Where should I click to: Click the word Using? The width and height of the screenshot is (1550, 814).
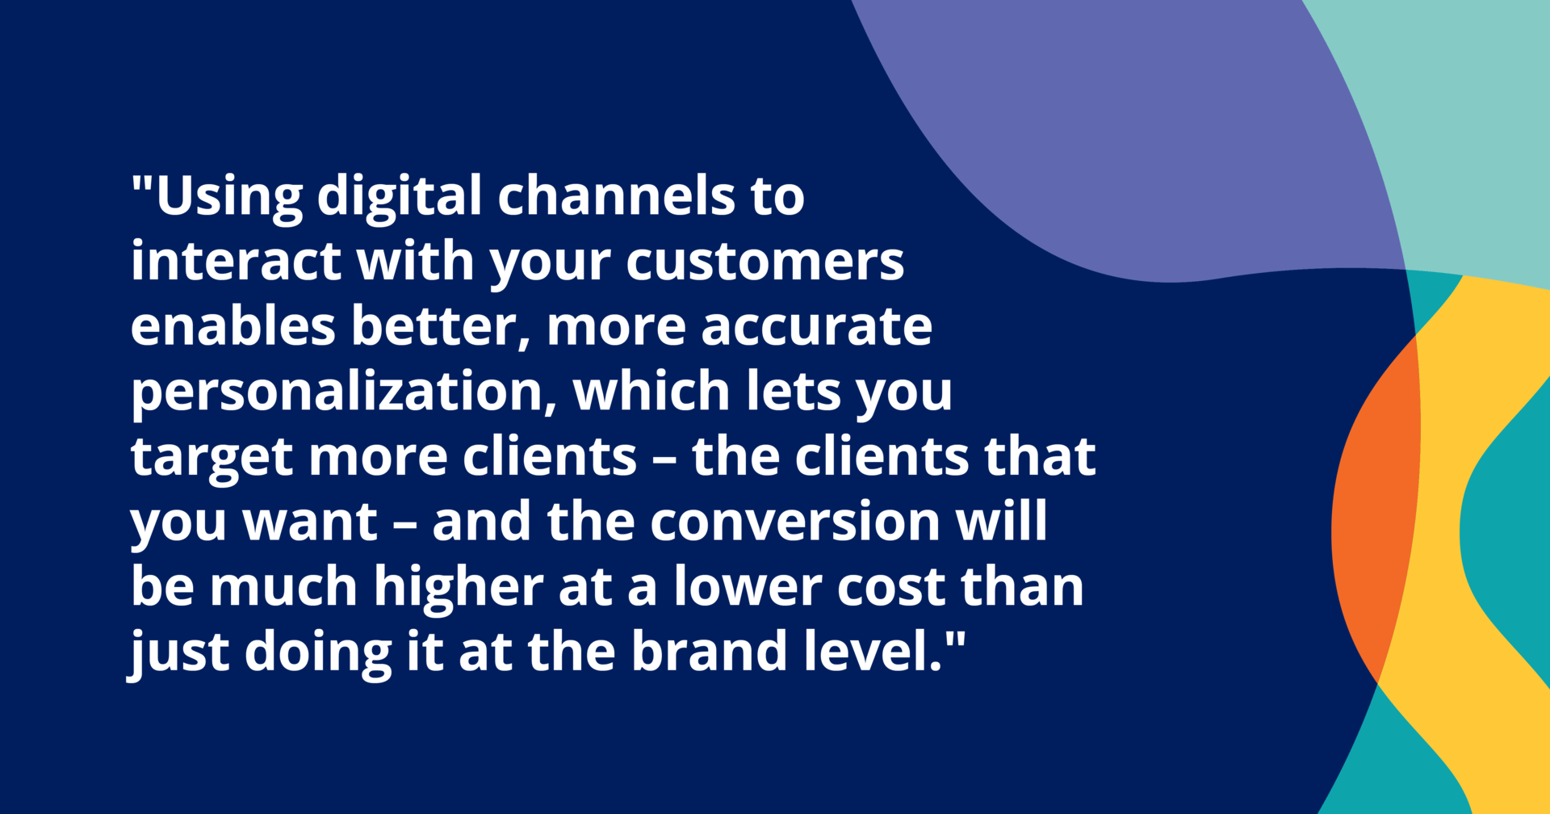pyautogui.click(x=229, y=198)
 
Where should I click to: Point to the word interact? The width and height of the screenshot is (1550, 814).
pyautogui.click(x=235, y=261)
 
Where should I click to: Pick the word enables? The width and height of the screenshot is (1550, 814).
pyautogui.click(x=232, y=326)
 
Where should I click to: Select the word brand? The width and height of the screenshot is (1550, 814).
pyautogui.click(x=710, y=650)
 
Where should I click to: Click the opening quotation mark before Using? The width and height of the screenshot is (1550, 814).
pyautogui.click(x=142, y=185)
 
